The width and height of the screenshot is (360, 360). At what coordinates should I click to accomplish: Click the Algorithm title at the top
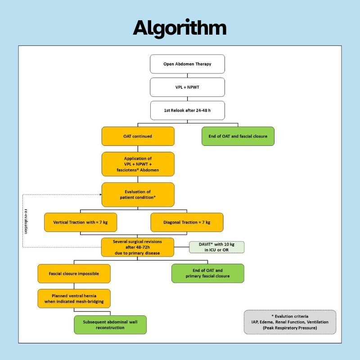coord(180,28)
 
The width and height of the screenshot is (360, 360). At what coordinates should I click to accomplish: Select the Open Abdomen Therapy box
coord(187,64)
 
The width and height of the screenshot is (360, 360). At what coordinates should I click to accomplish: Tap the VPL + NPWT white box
coord(187,87)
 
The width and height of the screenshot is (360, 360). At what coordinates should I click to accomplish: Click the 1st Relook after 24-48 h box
coord(187,110)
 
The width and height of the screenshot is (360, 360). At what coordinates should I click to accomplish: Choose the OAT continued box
coord(138,136)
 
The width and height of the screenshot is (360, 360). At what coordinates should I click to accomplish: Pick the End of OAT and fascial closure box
coord(238,136)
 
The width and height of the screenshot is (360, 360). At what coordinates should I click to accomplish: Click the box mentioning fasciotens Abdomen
coord(138,164)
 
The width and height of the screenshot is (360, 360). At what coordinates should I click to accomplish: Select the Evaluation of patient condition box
coord(138,194)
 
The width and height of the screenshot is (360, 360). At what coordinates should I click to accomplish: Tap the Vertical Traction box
coord(80,222)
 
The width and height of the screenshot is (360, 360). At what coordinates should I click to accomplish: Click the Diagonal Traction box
coord(187,222)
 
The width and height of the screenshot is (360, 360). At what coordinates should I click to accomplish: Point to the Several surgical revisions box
coord(138,247)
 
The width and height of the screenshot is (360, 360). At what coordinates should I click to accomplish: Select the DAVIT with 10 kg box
coord(216,247)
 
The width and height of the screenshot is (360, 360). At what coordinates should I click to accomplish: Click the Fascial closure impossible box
coord(74,274)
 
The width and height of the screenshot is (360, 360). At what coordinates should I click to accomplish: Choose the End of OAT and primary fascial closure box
coord(207,273)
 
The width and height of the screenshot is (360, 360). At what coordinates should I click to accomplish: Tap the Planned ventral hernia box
coord(74,298)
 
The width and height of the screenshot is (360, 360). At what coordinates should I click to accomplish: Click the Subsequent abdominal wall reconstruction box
coord(110,324)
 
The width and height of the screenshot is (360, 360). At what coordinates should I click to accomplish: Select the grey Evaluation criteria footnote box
coord(290,322)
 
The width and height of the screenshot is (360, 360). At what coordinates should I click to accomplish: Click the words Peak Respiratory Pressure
coord(290,328)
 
